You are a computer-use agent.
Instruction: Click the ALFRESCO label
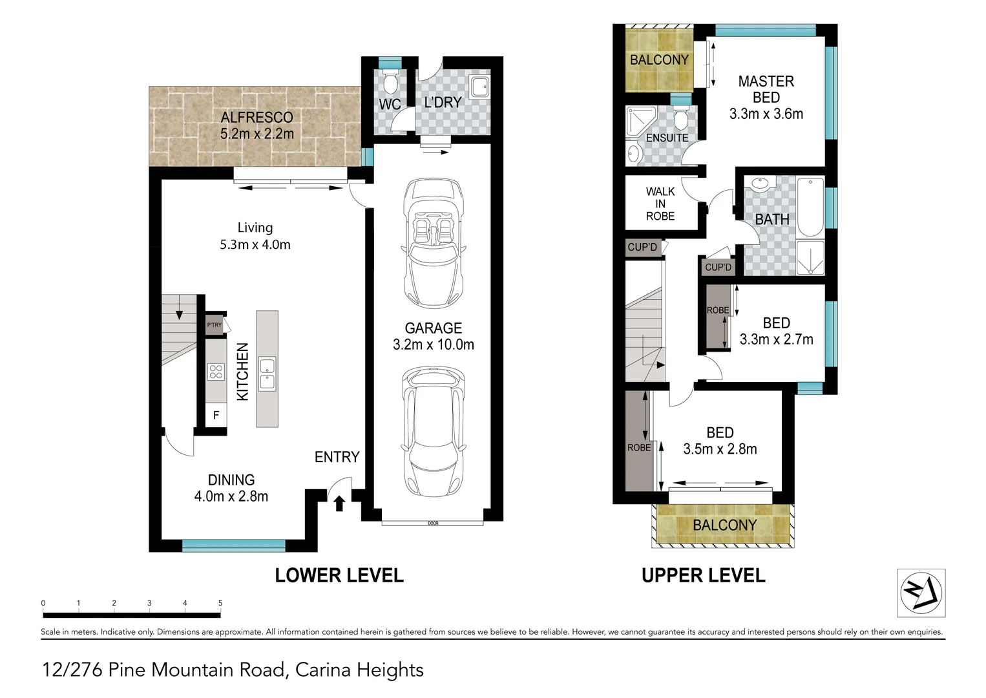(x=257, y=118)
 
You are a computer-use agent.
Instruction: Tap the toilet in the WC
(x=390, y=83)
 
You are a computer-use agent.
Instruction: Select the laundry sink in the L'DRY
(x=479, y=87)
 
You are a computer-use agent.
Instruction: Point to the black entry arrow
(x=339, y=502)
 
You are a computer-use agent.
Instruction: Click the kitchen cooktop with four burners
(x=215, y=372)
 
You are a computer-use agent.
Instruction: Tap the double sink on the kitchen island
(x=267, y=374)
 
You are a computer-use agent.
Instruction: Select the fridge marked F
(x=216, y=415)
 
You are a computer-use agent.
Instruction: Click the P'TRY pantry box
(x=214, y=325)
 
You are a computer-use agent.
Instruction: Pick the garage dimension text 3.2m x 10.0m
(x=433, y=344)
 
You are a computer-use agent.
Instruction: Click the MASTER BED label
(x=766, y=89)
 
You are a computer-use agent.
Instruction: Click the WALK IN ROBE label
(x=660, y=204)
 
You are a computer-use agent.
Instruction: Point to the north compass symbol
(x=921, y=593)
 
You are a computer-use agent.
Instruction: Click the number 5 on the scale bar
(x=220, y=603)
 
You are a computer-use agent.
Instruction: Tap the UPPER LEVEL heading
(x=703, y=575)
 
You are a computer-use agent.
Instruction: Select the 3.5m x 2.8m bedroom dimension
(x=720, y=449)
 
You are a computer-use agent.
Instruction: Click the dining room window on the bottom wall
(x=233, y=546)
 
